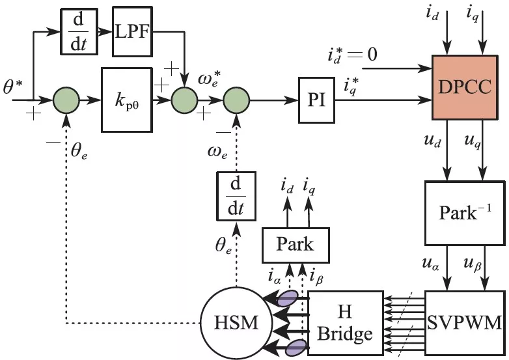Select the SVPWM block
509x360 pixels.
[x=465, y=322]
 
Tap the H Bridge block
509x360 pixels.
[x=345, y=322]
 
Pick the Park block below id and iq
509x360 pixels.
[x=296, y=245]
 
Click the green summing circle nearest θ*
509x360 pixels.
[x=66, y=101]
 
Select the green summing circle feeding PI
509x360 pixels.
[x=235, y=101]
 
